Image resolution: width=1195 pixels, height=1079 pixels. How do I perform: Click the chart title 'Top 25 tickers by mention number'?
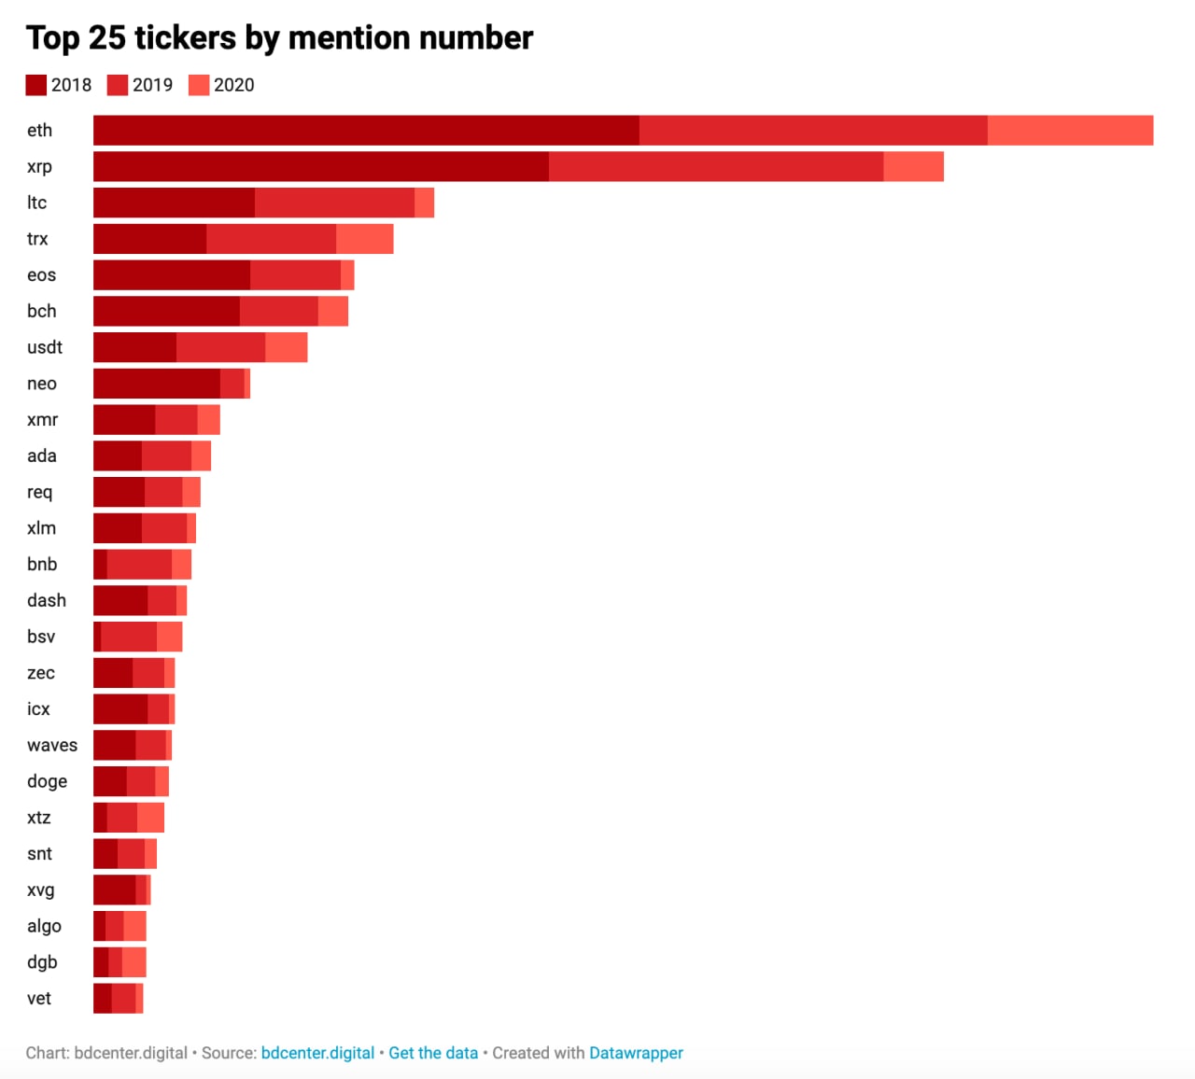(279, 38)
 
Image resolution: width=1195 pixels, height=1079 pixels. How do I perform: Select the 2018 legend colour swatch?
(36, 85)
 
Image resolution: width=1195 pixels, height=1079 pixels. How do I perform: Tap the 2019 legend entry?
(141, 85)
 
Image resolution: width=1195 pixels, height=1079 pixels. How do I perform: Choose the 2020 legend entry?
(222, 85)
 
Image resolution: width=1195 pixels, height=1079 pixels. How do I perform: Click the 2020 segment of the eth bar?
(1070, 131)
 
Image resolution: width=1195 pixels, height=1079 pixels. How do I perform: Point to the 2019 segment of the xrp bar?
(716, 167)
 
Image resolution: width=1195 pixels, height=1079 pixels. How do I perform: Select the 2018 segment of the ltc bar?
(174, 203)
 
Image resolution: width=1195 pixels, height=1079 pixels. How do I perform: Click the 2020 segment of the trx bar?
(364, 239)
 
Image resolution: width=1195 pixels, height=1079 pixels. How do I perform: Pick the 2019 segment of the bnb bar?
(139, 565)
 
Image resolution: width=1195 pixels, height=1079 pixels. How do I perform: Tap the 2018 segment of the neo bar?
(157, 384)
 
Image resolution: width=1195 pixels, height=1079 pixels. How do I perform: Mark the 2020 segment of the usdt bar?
(286, 347)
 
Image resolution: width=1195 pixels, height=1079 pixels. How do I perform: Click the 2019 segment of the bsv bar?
(129, 637)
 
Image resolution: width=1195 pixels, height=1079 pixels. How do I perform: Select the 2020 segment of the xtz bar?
(150, 818)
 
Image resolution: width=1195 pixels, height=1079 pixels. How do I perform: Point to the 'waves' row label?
(52, 746)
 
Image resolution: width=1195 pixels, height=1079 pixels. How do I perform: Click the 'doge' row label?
(47, 781)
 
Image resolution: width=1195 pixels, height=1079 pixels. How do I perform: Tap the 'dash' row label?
(47, 601)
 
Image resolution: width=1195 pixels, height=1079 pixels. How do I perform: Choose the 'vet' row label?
(39, 999)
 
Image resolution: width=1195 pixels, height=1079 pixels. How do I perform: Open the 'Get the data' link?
(433, 1053)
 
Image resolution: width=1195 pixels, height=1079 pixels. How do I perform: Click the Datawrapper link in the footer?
(636, 1053)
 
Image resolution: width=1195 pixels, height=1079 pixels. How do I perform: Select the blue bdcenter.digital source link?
(317, 1053)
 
